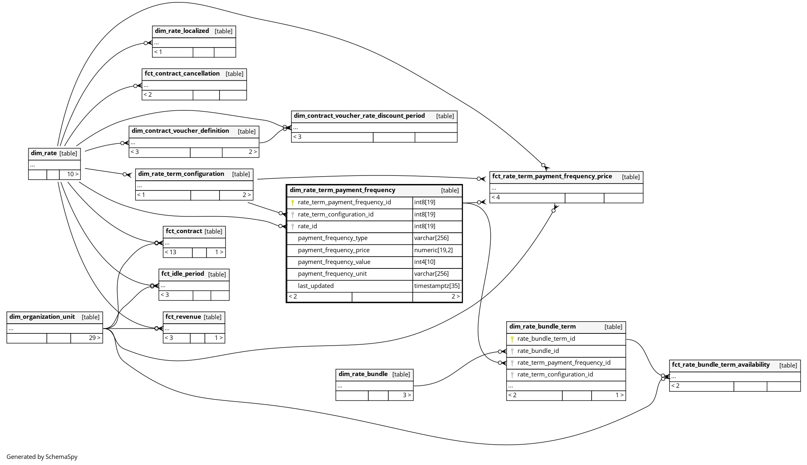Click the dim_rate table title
(x=44, y=153)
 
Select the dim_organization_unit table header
(x=42, y=317)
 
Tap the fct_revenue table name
(x=183, y=317)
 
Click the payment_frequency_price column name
(x=333, y=250)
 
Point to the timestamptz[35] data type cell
(x=437, y=286)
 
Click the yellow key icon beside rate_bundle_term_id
(x=512, y=339)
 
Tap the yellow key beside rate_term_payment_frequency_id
(x=292, y=202)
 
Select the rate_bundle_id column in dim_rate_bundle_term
(x=538, y=351)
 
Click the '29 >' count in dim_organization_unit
(x=94, y=338)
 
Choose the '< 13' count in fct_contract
(x=171, y=252)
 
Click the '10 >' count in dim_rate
(x=72, y=174)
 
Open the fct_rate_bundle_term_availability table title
(x=720, y=365)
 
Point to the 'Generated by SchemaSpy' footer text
(x=42, y=457)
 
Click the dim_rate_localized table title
(x=182, y=31)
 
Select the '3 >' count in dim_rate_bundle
(x=407, y=395)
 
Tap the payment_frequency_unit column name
(x=332, y=274)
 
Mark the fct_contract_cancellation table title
(x=182, y=74)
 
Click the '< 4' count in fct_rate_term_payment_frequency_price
(x=496, y=197)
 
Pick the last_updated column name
(x=315, y=286)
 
